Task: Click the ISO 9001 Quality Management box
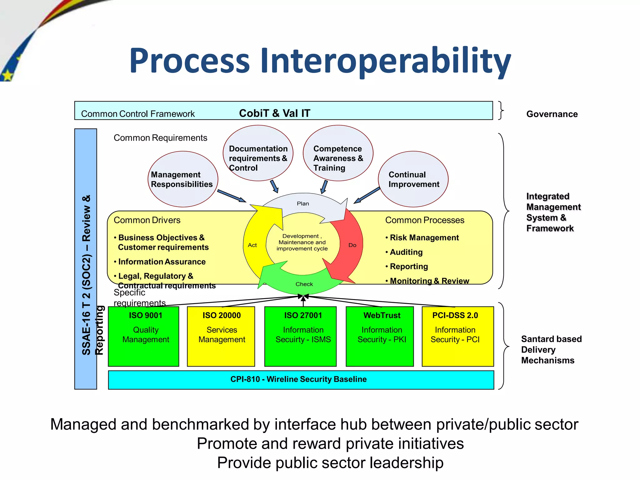coord(143,336)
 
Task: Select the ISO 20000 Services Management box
coord(221,336)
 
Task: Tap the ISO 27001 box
coord(300,336)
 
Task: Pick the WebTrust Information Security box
coord(380,336)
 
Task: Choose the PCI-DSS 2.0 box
coord(458,336)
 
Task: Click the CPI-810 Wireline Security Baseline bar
coord(301,380)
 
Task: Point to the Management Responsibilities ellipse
coord(183,179)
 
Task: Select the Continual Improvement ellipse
coord(413,179)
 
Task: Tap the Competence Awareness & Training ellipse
coord(338,153)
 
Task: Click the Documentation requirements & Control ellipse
coord(258,153)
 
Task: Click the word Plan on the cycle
coord(303,204)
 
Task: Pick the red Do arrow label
coord(352,245)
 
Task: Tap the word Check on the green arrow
coord(304,284)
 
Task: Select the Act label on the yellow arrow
coord(252,245)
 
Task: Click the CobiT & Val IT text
coord(274,113)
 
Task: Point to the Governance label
coord(552,114)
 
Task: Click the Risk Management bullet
coord(424,238)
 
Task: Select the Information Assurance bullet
coord(162,262)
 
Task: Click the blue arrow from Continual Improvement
coord(367,195)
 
